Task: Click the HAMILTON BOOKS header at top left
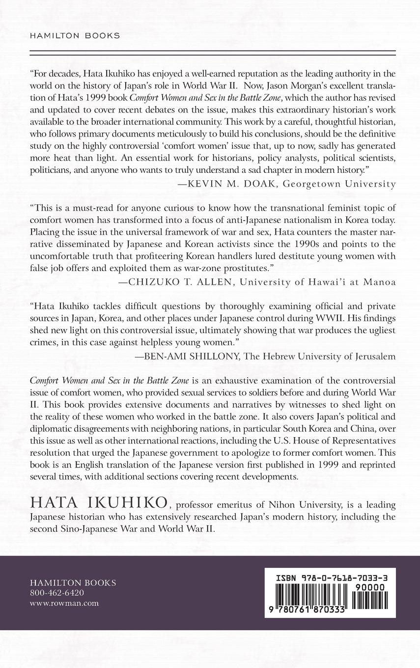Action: click(75, 35)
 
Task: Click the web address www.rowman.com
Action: click(64, 603)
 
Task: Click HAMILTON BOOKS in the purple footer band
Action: click(73, 583)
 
